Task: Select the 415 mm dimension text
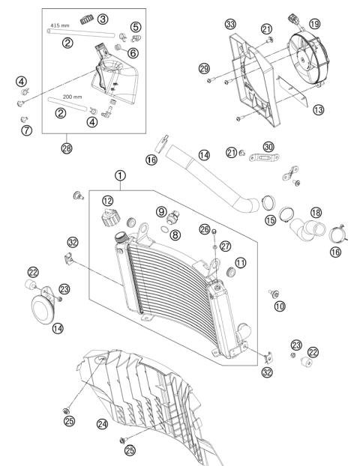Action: [x=59, y=25]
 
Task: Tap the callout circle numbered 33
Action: [x=230, y=24]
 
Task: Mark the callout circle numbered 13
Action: [x=319, y=109]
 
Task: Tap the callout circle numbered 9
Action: [x=161, y=212]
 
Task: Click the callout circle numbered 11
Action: [x=241, y=262]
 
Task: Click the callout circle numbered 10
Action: [x=280, y=306]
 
